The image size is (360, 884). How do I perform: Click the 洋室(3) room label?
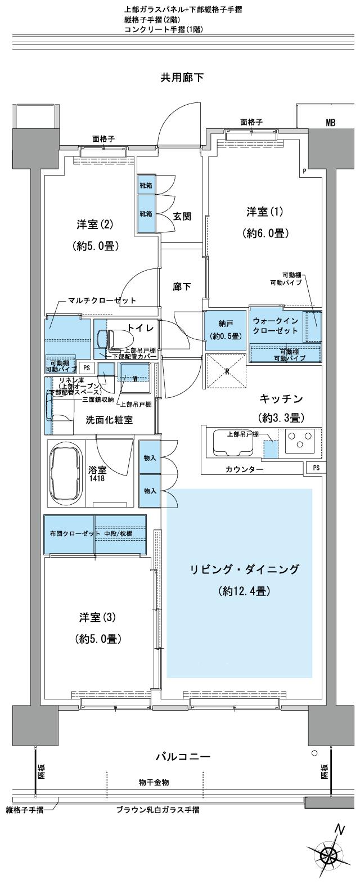[x=95, y=617]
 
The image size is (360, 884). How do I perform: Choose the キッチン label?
[x=281, y=399]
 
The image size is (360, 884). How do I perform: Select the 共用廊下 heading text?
[x=182, y=78]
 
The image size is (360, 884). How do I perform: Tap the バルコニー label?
[x=183, y=757]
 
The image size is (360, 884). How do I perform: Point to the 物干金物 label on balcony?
[x=154, y=782]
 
